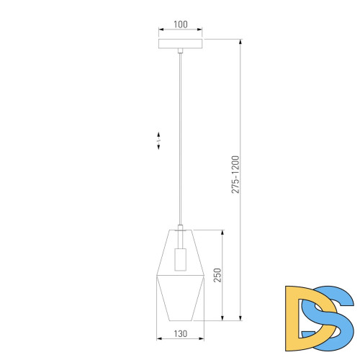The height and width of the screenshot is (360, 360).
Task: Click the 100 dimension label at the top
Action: (x=180, y=24)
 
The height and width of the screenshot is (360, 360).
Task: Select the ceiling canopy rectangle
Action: (x=180, y=43)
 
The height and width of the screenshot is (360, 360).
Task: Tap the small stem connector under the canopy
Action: (x=180, y=51)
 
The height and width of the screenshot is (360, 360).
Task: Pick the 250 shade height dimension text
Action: (x=216, y=275)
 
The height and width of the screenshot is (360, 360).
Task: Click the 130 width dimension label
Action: (x=180, y=334)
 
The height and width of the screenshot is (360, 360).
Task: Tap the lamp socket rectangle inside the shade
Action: (x=180, y=256)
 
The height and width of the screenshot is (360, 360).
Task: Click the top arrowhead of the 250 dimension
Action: (x=222, y=233)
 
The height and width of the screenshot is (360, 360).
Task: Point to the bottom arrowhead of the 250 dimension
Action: (x=222, y=318)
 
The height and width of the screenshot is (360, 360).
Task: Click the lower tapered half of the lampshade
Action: (x=180, y=299)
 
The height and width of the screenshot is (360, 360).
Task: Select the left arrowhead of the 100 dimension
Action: (x=160, y=30)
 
